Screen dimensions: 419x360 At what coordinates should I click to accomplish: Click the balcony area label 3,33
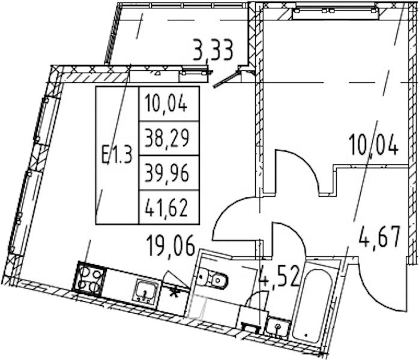pos(213,50)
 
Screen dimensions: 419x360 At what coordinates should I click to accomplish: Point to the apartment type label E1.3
pos(117,155)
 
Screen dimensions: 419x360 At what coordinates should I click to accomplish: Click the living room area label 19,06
pos(171,246)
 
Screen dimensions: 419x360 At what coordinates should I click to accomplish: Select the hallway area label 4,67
pos(379,236)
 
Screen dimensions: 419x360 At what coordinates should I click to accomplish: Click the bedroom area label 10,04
pos(373,145)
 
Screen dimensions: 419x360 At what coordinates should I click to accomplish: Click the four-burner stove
pos(89,279)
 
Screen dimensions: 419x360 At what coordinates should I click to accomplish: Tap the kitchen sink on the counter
pos(146,292)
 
